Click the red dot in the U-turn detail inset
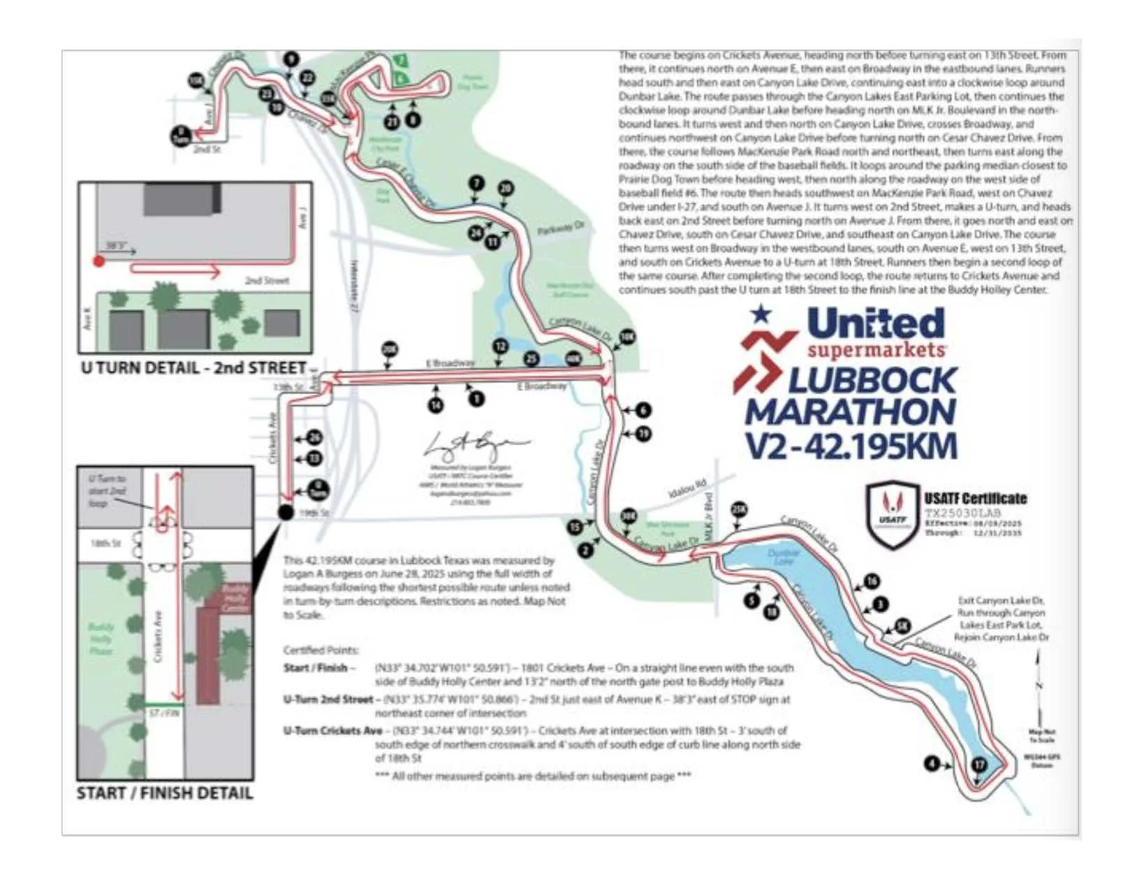99,261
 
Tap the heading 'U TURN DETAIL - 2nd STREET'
193,368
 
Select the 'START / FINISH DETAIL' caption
165,793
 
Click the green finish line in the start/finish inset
165,704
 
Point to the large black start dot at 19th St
286,512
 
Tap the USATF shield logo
892,514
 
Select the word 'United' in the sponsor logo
875,324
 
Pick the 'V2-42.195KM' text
851,446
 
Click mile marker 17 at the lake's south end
979,764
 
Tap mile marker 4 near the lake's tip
932,764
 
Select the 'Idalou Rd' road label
687,488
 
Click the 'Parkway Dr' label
561,228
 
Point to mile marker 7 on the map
476,184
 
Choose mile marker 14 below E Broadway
436,405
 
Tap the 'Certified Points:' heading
321,650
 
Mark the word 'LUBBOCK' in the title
872,381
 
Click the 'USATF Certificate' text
975,499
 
